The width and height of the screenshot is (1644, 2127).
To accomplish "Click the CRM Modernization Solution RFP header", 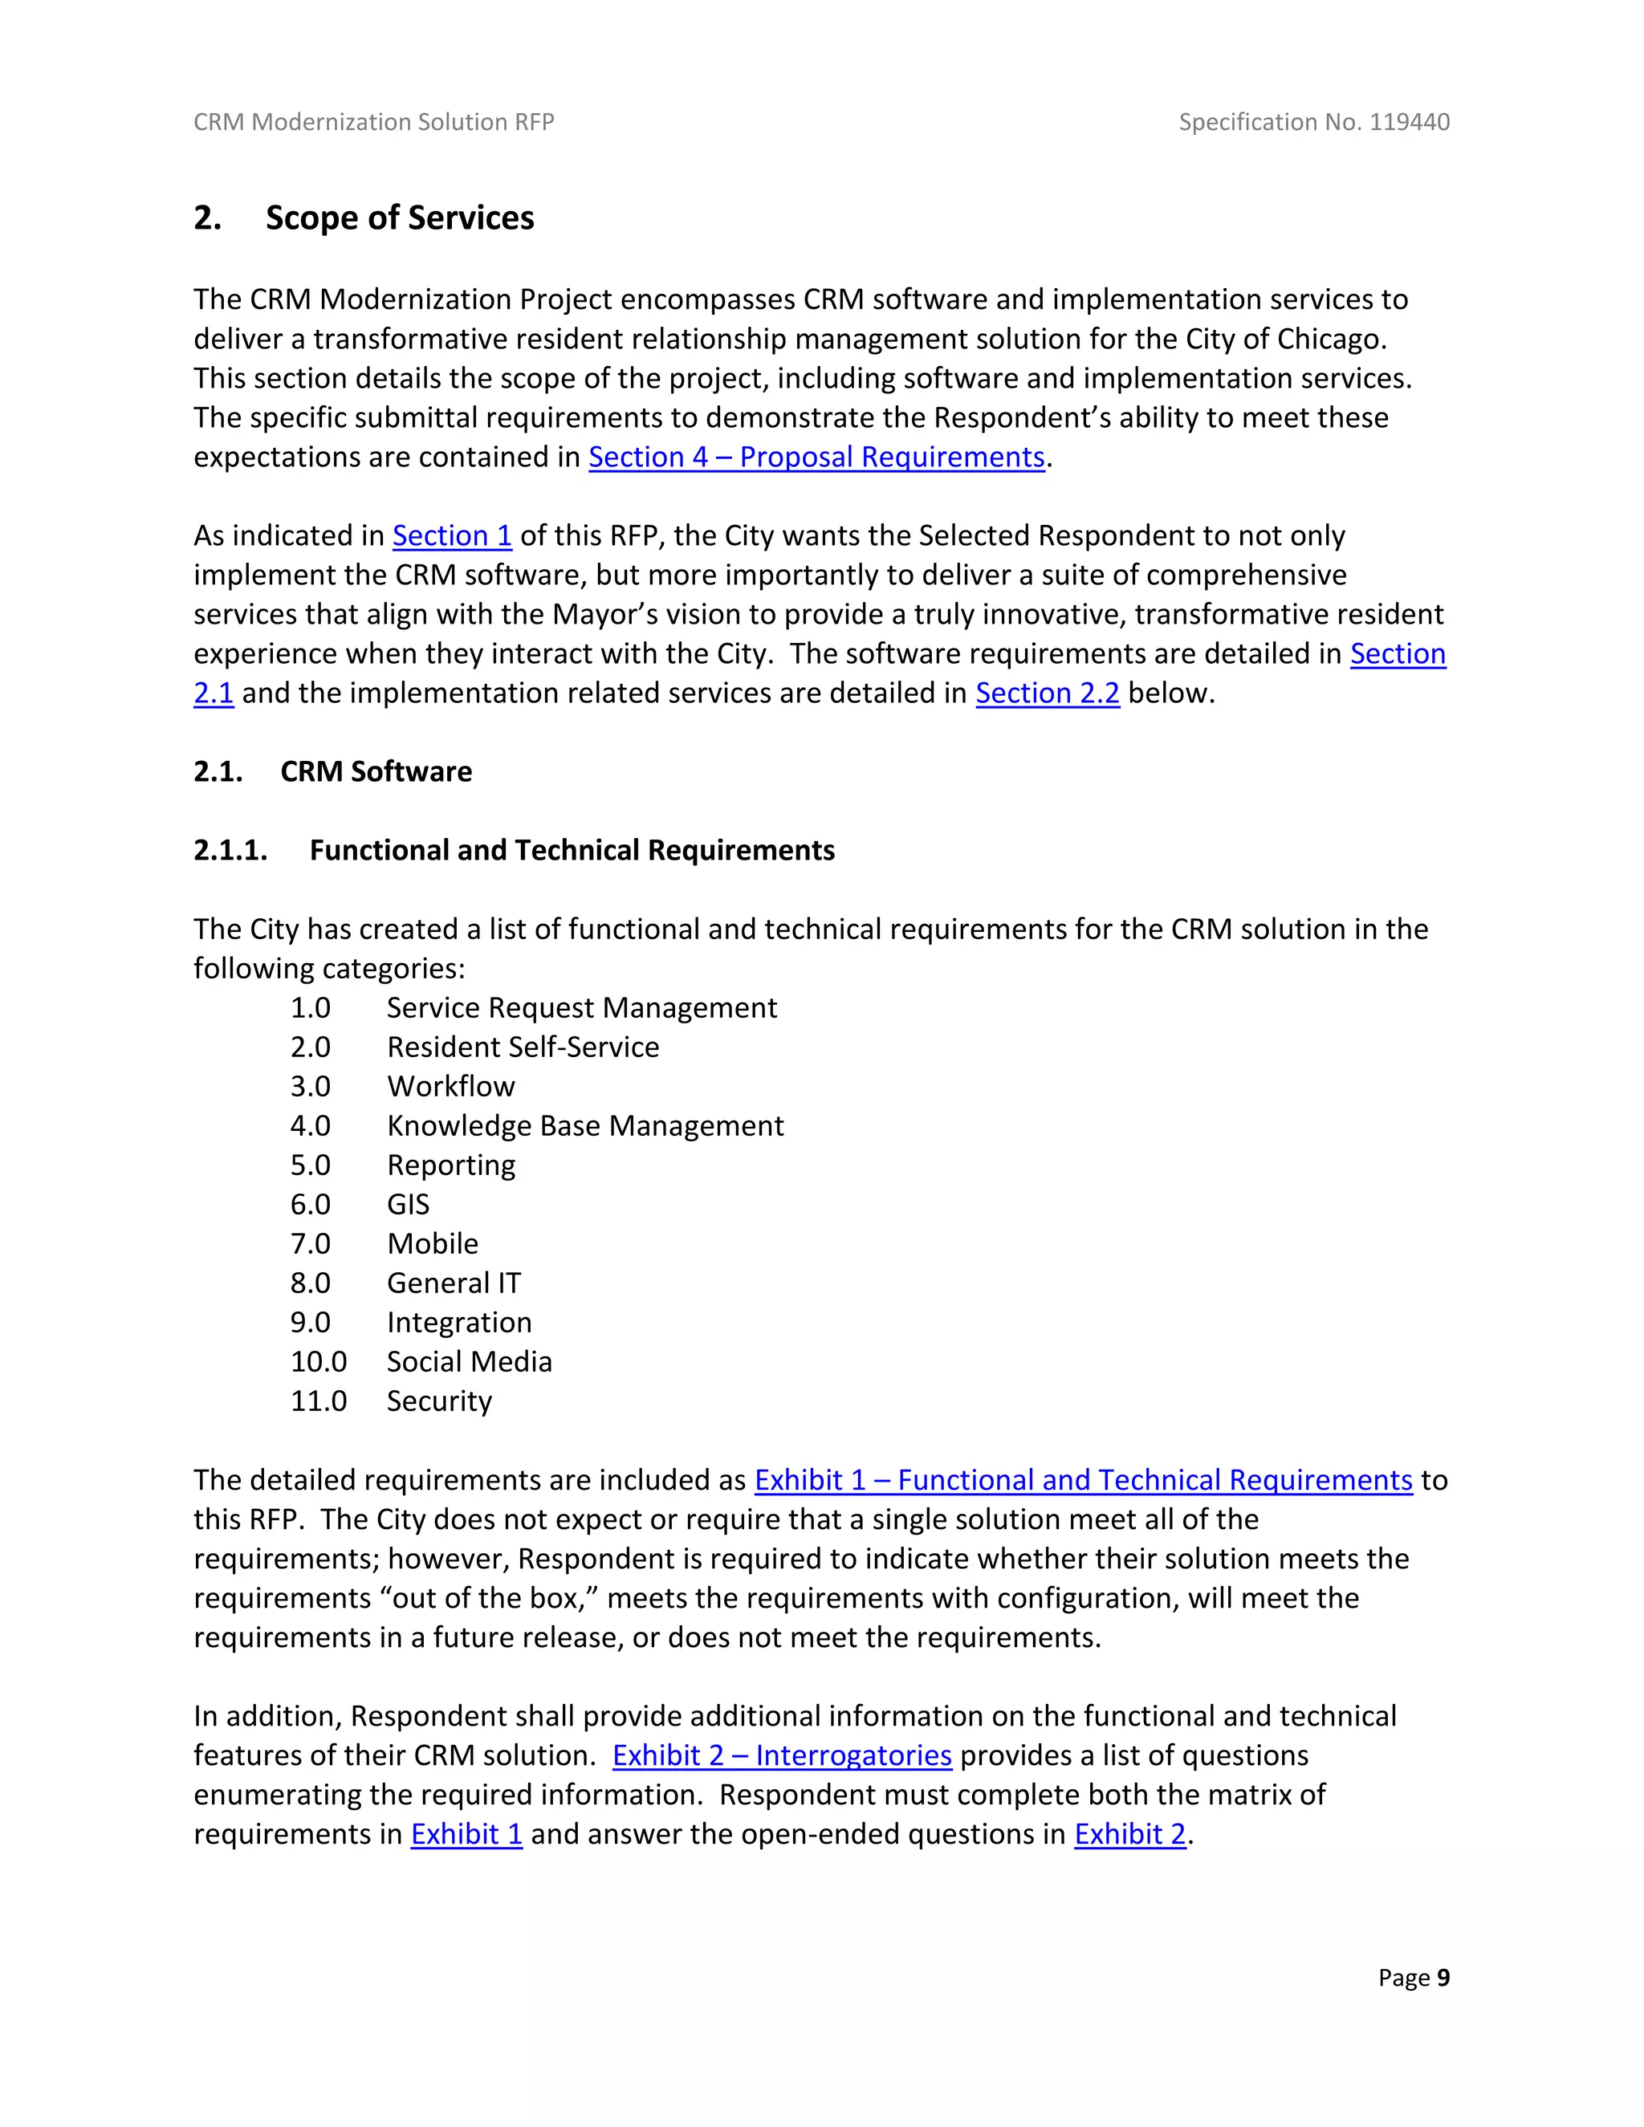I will click(374, 122).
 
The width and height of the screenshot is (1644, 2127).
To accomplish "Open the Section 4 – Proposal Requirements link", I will click(816, 457).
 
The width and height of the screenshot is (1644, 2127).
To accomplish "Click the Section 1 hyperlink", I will click(452, 535).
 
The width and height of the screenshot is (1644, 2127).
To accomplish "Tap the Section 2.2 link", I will click(1047, 693).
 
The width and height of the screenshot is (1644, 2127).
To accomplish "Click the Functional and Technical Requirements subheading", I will click(572, 850).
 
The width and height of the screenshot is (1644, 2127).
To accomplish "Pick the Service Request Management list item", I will click(581, 1007).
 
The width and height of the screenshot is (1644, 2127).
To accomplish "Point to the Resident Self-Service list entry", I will click(523, 1047).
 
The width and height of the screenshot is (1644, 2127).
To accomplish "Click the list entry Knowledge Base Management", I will click(584, 1126).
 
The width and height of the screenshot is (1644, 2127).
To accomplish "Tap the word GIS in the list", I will click(408, 1205).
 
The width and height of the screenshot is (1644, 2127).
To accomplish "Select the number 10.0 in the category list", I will click(319, 1361).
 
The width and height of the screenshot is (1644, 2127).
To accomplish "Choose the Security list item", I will click(439, 1401).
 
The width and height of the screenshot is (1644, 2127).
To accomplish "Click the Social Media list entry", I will click(470, 1361).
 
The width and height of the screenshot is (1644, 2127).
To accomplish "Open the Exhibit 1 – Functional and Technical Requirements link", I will click(1083, 1479).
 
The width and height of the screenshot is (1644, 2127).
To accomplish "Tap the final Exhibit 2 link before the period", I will click(1129, 1834).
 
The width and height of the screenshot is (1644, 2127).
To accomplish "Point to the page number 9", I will click(1443, 1977).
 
